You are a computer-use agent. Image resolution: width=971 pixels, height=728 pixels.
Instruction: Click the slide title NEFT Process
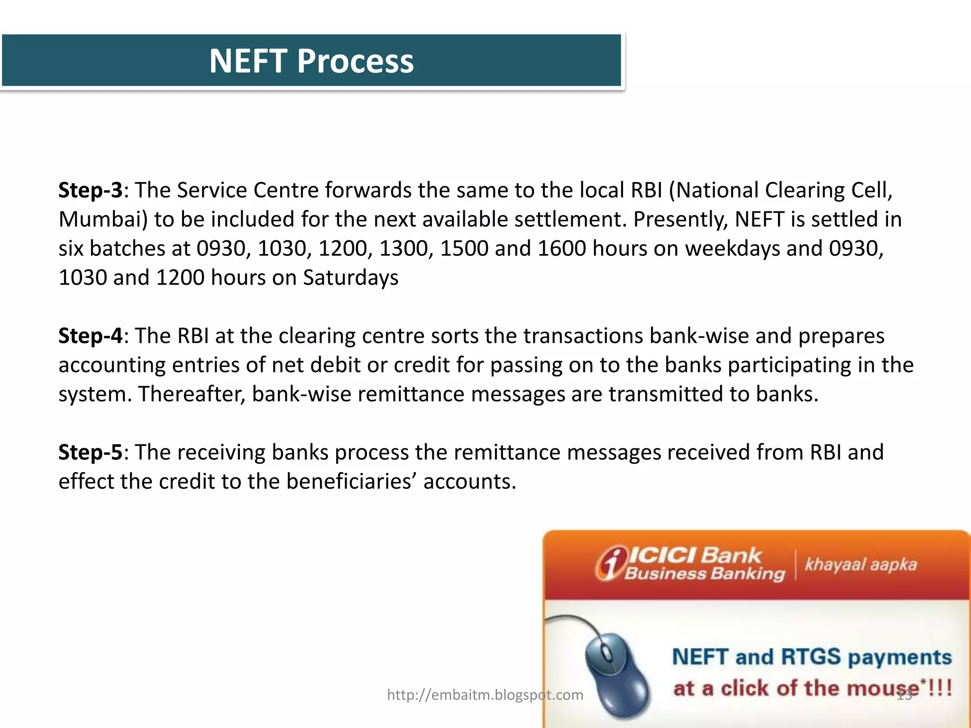[311, 61]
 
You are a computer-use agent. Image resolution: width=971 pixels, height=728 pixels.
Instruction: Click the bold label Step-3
[90, 191]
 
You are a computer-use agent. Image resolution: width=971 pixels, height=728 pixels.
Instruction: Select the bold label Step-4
[90, 336]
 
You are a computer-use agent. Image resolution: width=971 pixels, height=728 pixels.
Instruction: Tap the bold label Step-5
[90, 453]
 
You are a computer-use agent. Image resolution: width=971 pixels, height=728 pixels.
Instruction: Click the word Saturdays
[350, 278]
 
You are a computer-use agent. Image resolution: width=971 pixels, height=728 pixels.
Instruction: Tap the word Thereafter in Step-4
[192, 394]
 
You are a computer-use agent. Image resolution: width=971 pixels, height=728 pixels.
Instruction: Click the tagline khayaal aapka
[861, 564]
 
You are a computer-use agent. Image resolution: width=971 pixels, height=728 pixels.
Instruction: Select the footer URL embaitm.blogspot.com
[485, 695]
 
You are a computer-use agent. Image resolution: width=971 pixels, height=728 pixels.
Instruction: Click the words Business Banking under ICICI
[705, 573]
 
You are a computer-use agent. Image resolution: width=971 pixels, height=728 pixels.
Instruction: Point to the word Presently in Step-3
[680, 220]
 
